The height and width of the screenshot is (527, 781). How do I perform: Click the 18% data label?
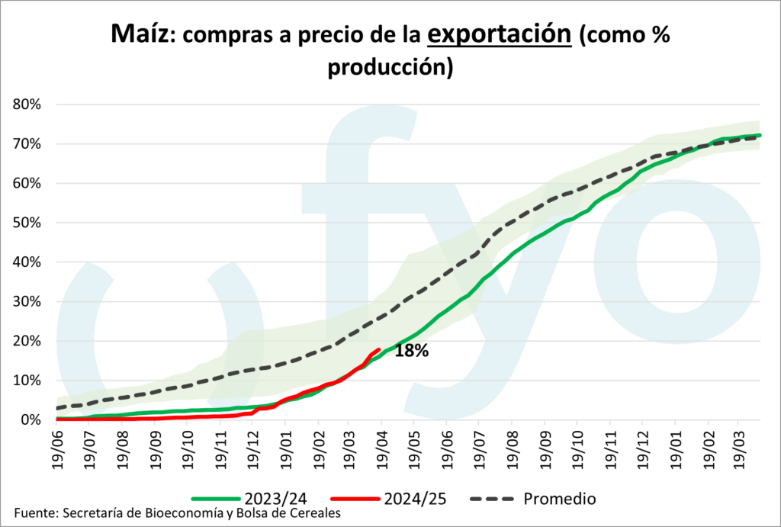point(412,352)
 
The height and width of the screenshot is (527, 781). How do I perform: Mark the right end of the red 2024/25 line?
point(379,349)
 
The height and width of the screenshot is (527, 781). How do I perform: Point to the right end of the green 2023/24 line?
point(760,136)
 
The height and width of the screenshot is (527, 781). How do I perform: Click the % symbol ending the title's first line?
point(660,35)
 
